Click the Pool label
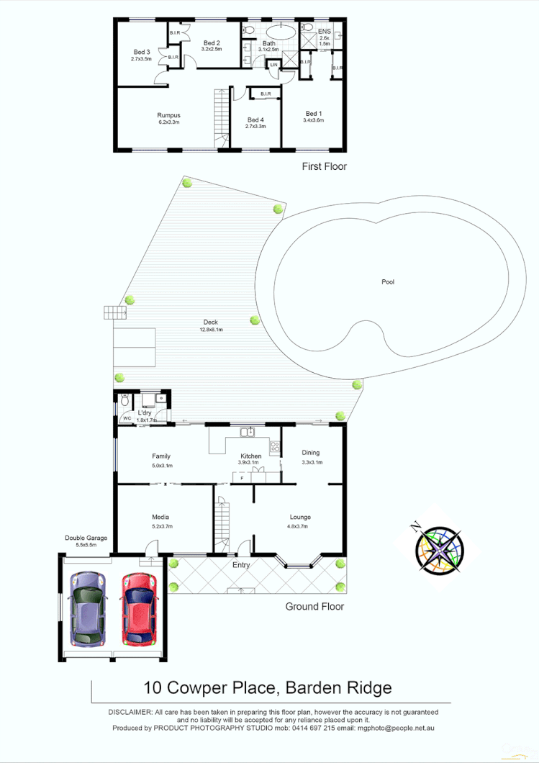tap(388, 282)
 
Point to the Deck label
tap(210, 322)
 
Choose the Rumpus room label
tap(168, 115)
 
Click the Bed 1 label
tap(314, 113)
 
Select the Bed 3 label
tap(142, 52)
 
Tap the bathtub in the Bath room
tap(281, 32)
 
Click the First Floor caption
tap(324, 166)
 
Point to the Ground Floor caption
tap(314, 607)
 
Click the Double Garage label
tap(86, 538)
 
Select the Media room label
tap(160, 517)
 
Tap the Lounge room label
tap(300, 517)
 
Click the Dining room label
tap(311, 453)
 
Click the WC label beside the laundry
tap(127, 417)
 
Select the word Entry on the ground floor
tap(241, 565)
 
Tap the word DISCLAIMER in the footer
tap(130, 711)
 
